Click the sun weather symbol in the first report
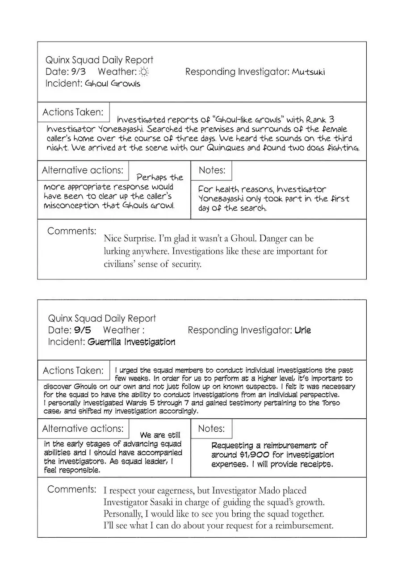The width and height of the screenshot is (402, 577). point(144,72)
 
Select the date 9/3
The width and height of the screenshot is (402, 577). point(78,72)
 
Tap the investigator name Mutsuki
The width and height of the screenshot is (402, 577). point(309,72)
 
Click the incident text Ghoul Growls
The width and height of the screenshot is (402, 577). point(112,84)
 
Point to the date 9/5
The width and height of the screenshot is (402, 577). point(82,330)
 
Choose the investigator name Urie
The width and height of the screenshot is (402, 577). point(303,330)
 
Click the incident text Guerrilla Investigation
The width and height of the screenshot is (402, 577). point(131,342)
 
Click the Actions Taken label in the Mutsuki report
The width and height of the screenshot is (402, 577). point(73,112)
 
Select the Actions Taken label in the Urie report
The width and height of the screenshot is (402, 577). point(73,371)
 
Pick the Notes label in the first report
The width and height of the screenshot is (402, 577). point(212,170)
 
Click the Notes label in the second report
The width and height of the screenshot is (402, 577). point(211,429)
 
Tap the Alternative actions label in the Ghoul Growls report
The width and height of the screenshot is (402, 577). point(83,170)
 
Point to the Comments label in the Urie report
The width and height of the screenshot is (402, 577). point(71,489)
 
